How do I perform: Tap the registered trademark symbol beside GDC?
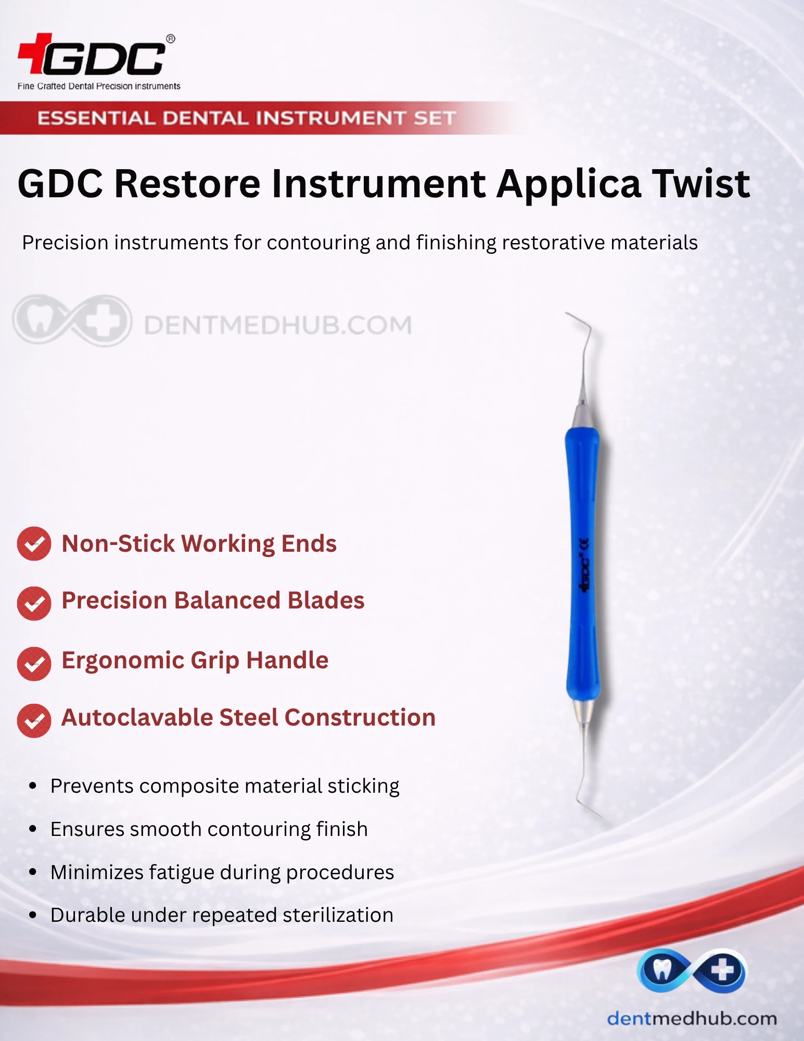point(170,39)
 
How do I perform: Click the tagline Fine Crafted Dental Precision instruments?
point(99,86)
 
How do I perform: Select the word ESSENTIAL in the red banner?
point(96,118)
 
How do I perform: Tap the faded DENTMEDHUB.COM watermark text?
point(277,325)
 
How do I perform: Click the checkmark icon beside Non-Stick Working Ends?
point(34,544)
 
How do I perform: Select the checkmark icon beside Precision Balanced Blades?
point(34,604)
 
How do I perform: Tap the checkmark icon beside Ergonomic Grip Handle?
point(34,664)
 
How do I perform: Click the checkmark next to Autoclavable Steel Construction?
point(34,721)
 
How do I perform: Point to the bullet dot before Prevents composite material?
point(33,785)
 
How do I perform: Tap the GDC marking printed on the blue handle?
point(585,565)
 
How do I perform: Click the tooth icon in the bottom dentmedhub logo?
point(661,969)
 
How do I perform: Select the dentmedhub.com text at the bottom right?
point(692,1018)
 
